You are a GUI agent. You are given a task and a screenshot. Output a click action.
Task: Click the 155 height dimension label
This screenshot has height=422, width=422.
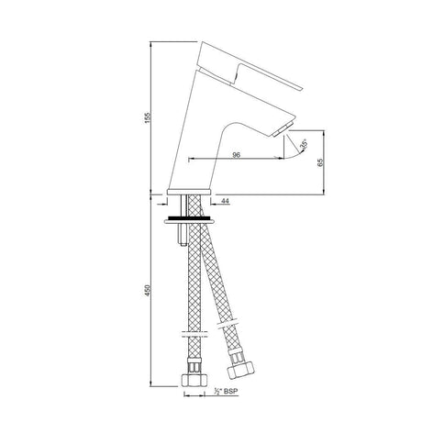click(148, 117)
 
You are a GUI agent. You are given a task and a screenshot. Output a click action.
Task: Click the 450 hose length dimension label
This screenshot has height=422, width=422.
click(148, 290)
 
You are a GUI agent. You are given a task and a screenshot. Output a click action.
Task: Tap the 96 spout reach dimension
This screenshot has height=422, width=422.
click(236, 155)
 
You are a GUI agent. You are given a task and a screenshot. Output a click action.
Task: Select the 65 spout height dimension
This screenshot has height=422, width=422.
click(320, 162)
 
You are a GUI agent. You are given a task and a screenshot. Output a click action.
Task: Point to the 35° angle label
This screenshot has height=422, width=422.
click(304, 144)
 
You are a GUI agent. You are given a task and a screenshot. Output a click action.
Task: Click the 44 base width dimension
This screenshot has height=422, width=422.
click(225, 201)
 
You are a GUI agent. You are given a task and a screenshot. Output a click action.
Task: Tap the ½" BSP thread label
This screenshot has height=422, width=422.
click(226, 391)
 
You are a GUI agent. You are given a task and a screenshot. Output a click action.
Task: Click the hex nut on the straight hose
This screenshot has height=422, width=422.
click(194, 381)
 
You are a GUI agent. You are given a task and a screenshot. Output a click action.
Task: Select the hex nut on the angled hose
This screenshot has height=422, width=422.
click(240, 370)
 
